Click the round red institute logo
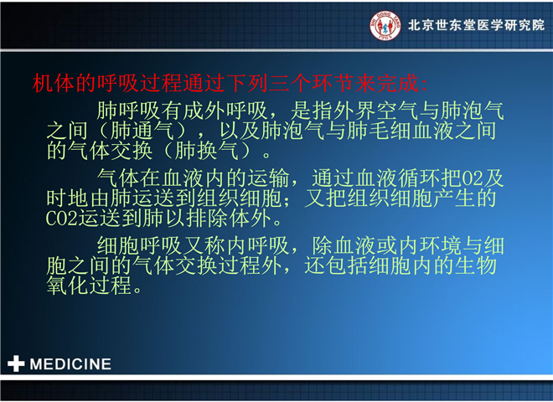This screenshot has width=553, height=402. (385, 25)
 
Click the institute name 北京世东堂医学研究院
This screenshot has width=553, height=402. (476, 25)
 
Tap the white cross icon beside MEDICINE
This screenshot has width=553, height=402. (16, 363)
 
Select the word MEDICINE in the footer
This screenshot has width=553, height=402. (70, 364)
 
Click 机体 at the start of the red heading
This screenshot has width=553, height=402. (54, 84)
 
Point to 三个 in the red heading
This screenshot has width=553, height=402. (290, 84)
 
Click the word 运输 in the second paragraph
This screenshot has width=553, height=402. (268, 178)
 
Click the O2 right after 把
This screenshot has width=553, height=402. (473, 178)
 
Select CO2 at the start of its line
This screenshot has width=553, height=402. (62, 219)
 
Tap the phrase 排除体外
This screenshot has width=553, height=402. (229, 218)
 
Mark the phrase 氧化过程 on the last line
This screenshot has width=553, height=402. (89, 285)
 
